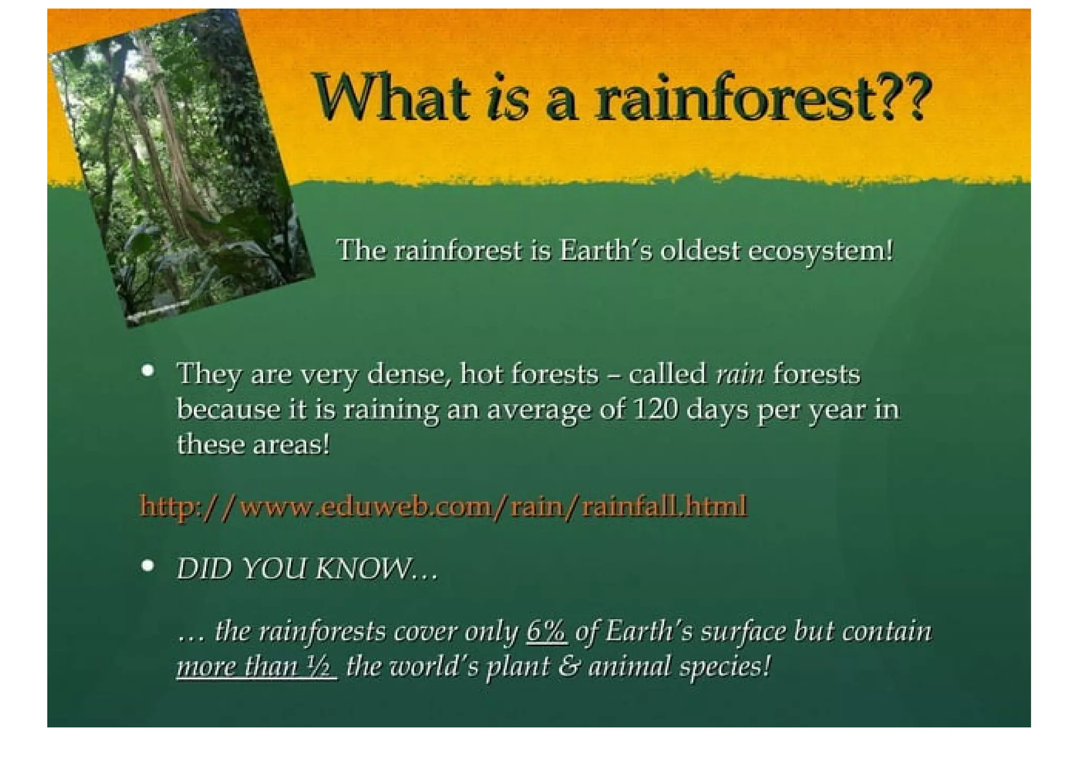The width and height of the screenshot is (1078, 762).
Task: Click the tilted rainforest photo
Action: pos(179,169)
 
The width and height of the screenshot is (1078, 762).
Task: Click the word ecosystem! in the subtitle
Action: pos(821,251)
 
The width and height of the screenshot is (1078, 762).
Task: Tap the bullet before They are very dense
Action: pos(148,371)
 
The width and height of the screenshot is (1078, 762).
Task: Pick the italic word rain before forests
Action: pos(740,374)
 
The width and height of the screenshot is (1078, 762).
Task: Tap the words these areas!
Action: pos(253,444)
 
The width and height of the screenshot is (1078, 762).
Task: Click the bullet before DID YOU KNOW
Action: pos(148,566)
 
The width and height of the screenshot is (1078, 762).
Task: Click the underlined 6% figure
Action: pos(546,631)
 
